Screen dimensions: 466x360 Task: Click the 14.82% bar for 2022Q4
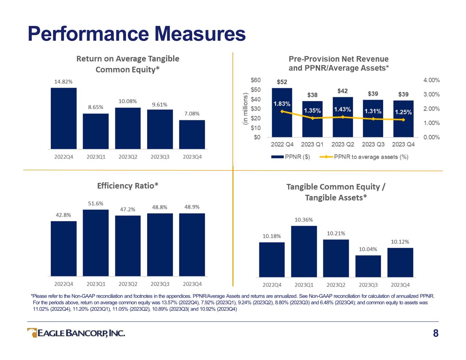tap(63, 118)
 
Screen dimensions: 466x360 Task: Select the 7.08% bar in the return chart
tap(192, 134)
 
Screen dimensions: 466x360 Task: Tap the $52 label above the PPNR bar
tap(282, 82)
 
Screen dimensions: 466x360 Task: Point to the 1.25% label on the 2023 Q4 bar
tap(403, 112)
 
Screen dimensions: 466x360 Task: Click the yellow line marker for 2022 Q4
tap(282, 111)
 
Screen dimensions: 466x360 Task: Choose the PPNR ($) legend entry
tap(291, 157)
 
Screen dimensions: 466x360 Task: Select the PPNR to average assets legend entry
tap(364, 157)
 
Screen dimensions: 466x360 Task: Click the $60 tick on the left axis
tap(256, 80)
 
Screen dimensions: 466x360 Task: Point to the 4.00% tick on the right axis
tap(432, 80)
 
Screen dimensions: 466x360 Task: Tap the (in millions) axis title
tap(245, 109)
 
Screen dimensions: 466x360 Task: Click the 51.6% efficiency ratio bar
tap(96, 243)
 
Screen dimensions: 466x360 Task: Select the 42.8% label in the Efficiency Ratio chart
tap(63, 215)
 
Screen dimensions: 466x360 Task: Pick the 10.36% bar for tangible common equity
tap(304, 251)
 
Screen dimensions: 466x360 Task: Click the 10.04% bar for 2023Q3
tap(368, 266)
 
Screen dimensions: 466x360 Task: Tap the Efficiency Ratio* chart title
tap(128, 186)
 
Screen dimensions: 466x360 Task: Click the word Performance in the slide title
tap(88, 34)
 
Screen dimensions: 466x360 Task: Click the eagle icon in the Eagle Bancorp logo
tap(32, 333)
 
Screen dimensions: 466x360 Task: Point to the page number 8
tap(436, 333)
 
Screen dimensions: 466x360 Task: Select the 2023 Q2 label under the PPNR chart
tap(343, 144)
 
